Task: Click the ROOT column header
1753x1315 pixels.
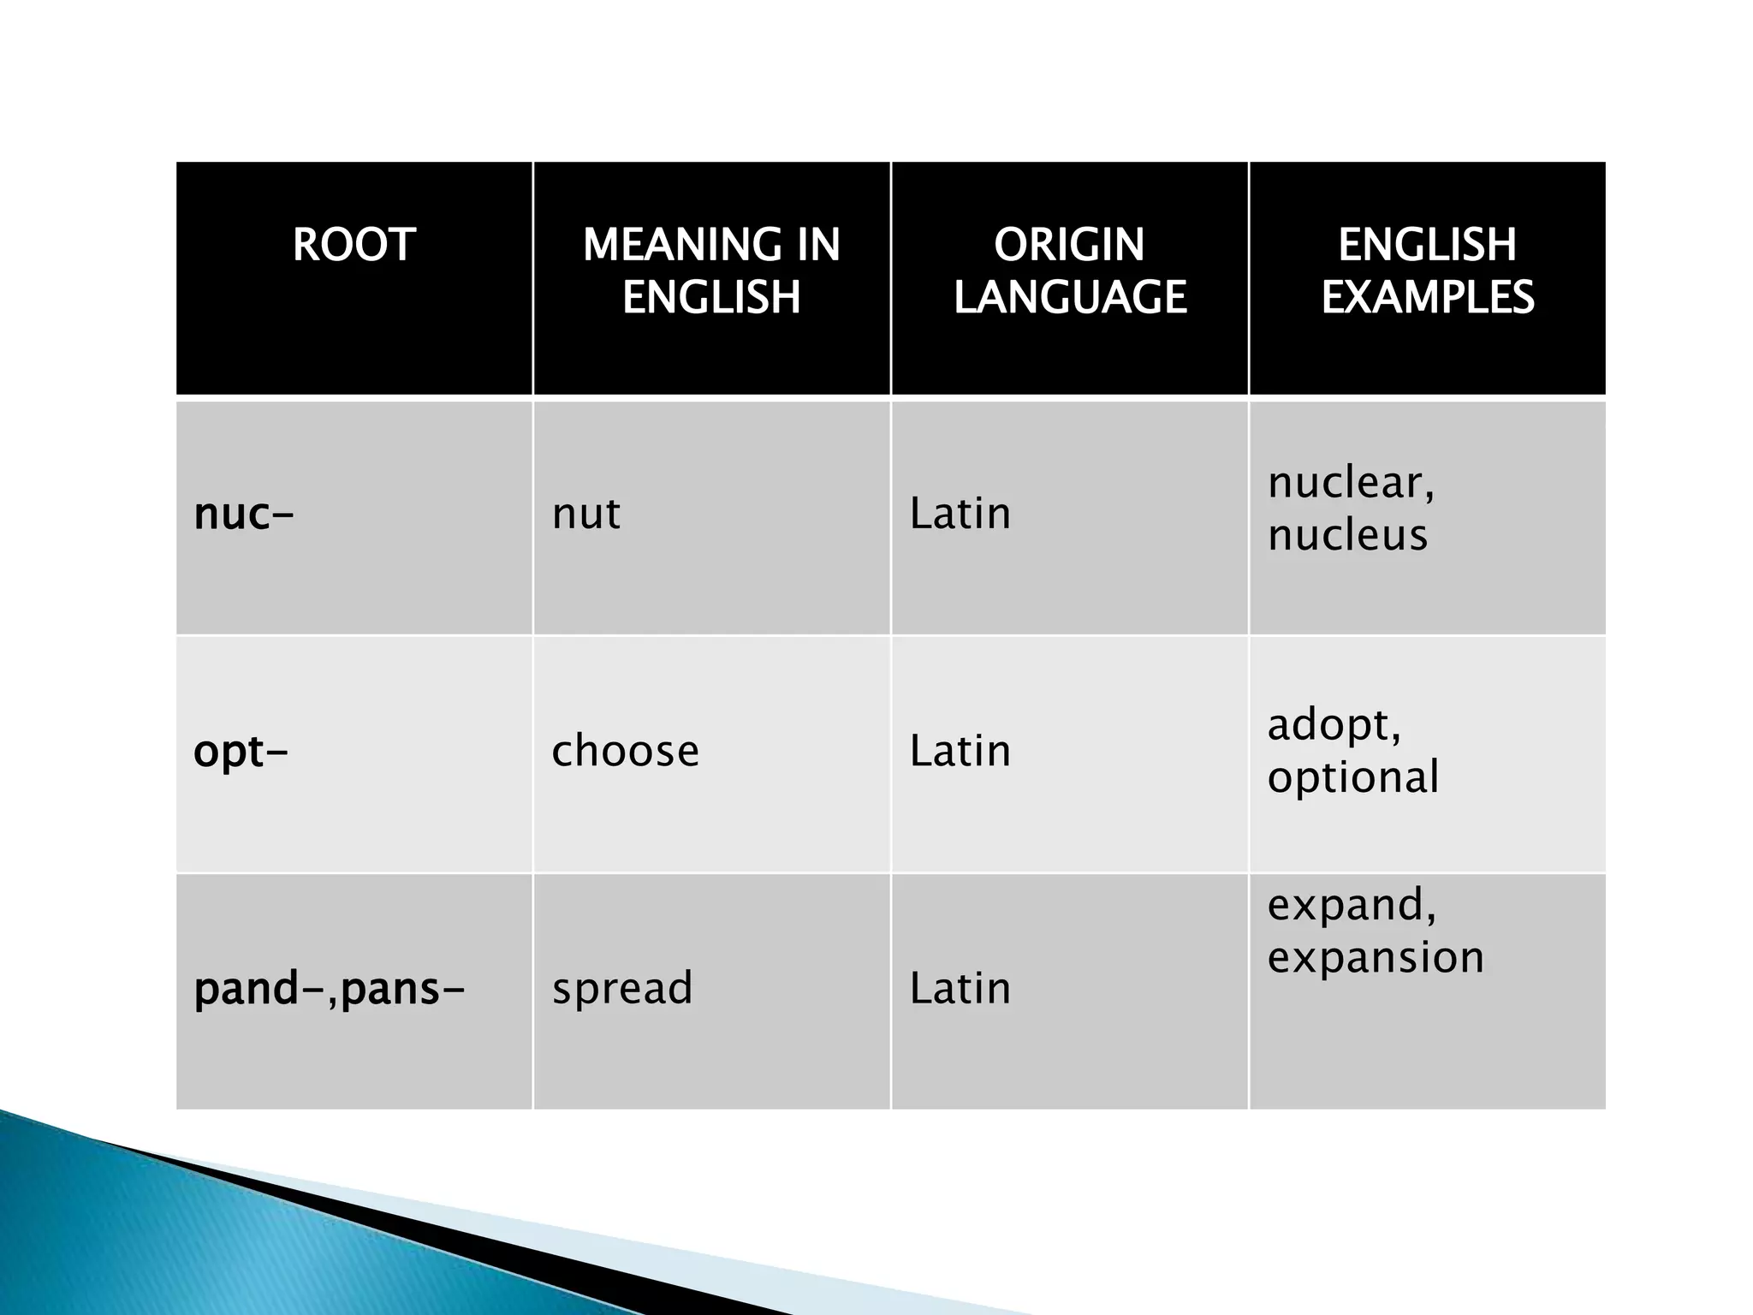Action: [x=354, y=245]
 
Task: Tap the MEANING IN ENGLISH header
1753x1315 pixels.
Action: [x=711, y=271]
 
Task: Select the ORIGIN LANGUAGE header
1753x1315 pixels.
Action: [x=1069, y=271]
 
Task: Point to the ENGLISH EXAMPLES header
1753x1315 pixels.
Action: [x=1427, y=271]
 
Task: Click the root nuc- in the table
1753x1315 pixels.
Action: [x=244, y=515]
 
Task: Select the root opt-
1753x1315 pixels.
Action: [x=241, y=752]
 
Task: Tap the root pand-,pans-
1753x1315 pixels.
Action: [x=330, y=989]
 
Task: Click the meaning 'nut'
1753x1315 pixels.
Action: [x=586, y=515]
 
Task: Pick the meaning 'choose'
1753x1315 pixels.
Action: [x=625, y=752]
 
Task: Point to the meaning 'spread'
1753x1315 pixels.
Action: [x=622, y=989]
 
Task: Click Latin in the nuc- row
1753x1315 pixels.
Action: [x=960, y=515]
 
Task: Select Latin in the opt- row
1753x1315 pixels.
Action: [x=960, y=752]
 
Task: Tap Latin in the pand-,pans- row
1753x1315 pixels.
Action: [x=960, y=989]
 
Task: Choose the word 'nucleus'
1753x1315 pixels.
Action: [x=1347, y=536]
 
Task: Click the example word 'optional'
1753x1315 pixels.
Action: [x=1352, y=778]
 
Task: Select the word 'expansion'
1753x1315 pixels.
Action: [x=1375, y=957]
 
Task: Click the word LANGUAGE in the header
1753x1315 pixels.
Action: [x=1070, y=297]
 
